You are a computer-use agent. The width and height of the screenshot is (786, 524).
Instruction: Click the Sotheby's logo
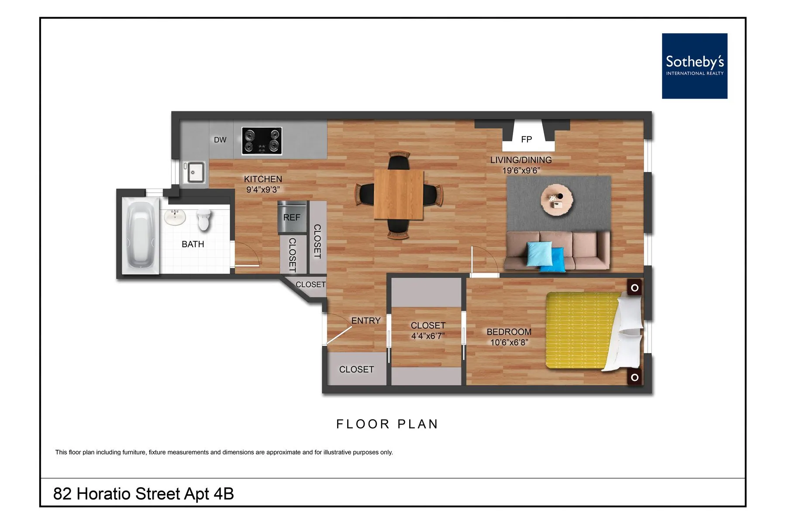click(x=694, y=66)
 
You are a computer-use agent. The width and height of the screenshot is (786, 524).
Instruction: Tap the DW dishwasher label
click(x=220, y=140)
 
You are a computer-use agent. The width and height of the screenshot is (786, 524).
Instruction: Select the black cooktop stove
click(x=262, y=141)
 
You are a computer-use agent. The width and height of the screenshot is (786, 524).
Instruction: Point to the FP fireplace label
click(x=526, y=139)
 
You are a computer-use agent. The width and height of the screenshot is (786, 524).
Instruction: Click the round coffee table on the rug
click(x=557, y=200)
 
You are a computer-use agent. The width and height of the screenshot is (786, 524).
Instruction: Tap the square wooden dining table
click(x=399, y=195)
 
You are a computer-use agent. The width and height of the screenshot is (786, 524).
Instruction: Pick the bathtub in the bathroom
click(x=140, y=236)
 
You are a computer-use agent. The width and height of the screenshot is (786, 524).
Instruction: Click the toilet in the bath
click(x=204, y=219)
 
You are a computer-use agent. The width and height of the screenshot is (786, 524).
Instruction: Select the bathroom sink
click(x=175, y=217)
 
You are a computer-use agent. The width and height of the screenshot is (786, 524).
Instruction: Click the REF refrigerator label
click(x=292, y=217)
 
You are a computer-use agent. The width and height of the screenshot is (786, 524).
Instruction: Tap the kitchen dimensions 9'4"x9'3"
click(x=263, y=190)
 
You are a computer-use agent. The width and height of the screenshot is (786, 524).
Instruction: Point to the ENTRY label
click(x=366, y=321)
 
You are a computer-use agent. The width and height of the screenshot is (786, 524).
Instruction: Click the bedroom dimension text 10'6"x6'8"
click(x=509, y=342)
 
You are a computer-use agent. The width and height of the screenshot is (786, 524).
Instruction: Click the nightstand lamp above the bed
click(x=634, y=288)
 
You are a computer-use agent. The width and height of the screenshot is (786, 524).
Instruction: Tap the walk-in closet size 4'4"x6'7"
click(x=427, y=336)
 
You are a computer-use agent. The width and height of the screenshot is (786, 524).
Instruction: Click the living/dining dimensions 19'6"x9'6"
click(x=521, y=170)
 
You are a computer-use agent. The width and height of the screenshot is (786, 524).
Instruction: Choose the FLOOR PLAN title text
click(x=387, y=424)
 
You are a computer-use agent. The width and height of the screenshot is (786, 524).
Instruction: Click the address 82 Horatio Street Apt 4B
click(x=143, y=494)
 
